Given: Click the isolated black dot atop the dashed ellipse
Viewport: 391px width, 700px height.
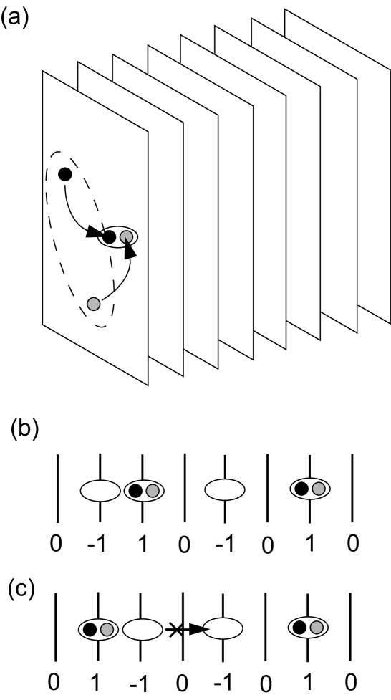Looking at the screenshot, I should coord(65,173).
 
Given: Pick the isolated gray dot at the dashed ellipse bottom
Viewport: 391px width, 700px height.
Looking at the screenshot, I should coord(93,304).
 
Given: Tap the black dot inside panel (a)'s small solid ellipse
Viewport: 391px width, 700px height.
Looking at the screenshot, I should coord(110,236).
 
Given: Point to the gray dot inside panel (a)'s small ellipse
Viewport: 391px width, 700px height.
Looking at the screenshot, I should coord(126,236).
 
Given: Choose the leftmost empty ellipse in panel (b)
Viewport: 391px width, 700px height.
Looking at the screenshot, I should coord(100,491).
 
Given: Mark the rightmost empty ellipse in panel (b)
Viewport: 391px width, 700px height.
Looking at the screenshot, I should coord(225,491).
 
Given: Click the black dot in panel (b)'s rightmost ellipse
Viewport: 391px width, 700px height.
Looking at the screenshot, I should coord(302,489).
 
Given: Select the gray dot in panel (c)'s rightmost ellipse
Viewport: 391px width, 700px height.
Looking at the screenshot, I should coord(319,628).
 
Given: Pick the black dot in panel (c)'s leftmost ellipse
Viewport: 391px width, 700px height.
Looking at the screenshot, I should coord(90,630).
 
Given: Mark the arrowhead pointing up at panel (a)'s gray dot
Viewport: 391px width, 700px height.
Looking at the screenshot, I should coord(130,250).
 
